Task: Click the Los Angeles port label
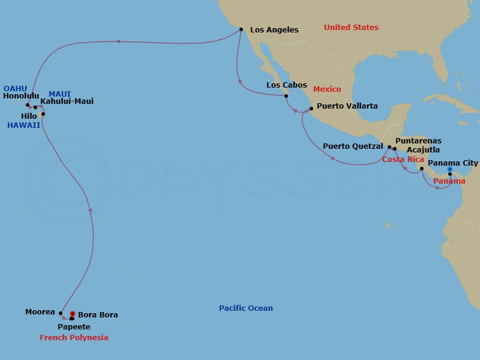[274, 29]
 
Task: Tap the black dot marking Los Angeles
[241, 29]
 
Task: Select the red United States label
[351, 28]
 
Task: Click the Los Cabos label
[286, 85]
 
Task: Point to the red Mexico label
[327, 89]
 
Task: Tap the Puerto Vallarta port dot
[311, 109]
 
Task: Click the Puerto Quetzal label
[353, 146]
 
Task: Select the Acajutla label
[423, 149]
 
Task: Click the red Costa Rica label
[403, 159]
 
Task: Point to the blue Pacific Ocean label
[245, 308]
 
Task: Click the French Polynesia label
[74, 338]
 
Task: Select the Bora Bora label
[97, 314]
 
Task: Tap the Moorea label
[40, 312]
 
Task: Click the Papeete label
[74, 327]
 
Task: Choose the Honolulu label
[21, 95]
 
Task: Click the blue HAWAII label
[23, 125]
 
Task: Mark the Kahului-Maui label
[67, 101]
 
